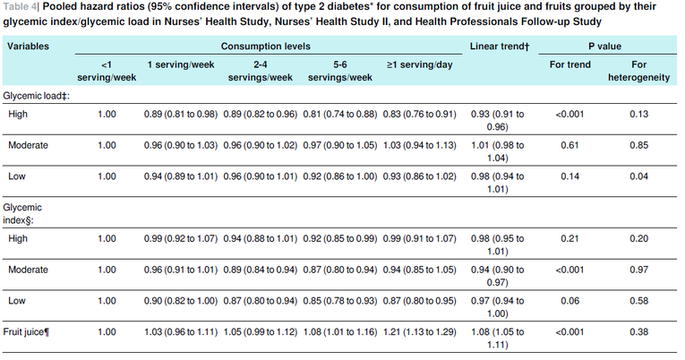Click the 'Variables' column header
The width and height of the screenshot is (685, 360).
28,47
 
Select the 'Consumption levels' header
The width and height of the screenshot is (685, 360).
266,47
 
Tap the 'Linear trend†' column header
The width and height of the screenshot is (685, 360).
500,47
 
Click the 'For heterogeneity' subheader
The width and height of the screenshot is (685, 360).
638,71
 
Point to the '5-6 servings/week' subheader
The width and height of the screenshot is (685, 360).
340,71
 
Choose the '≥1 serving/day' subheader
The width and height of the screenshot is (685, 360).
419,64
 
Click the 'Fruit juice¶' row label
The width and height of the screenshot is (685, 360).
26,332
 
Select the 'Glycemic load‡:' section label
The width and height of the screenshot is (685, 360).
36,96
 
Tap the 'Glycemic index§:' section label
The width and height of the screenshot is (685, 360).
22,214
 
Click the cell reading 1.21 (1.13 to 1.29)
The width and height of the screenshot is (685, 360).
419,332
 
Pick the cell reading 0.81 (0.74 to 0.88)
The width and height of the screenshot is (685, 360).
340,115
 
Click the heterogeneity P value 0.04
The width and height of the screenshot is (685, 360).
638,176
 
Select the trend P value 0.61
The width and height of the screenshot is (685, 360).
569,145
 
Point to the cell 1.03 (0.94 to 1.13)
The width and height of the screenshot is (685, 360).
419,145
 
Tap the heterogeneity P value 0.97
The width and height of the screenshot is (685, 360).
638,270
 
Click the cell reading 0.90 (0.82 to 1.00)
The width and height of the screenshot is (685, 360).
181,301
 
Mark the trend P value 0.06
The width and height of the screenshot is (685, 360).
569,301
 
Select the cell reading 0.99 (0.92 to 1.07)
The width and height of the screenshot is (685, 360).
181,239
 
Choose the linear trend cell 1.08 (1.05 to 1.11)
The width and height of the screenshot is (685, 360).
497,339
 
